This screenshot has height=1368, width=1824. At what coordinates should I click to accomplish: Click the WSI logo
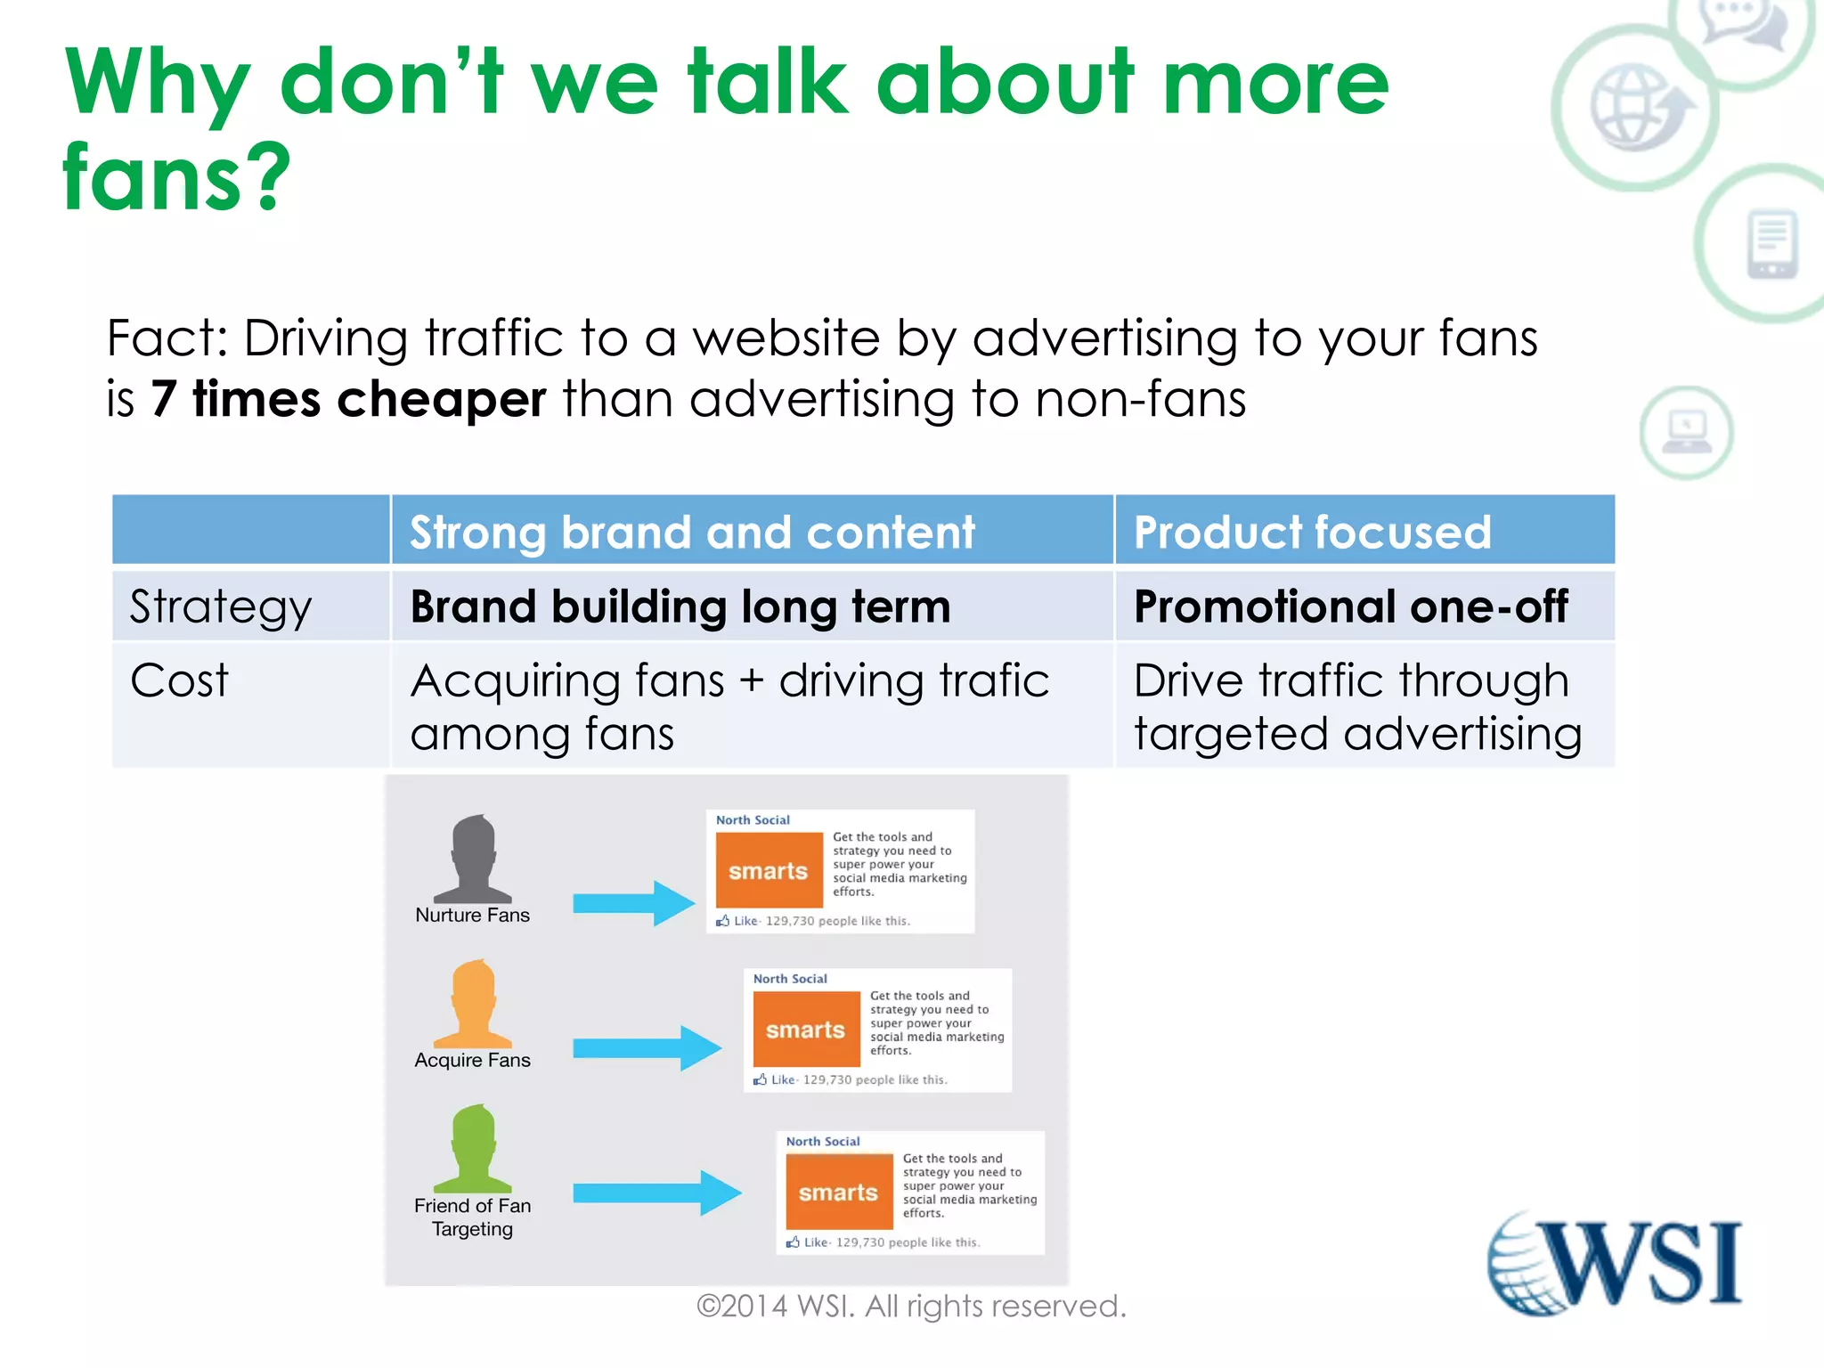pos(1615,1262)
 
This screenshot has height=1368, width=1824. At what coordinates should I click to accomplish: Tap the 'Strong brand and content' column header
pos(692,533)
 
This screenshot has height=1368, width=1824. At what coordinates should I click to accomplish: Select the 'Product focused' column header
pos(1312,533)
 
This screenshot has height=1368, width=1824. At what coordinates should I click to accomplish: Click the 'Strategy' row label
pos(221,607)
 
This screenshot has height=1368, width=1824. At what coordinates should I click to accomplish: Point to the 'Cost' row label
pos(179,681)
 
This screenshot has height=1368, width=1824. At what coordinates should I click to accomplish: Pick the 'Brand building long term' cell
pos(680,607)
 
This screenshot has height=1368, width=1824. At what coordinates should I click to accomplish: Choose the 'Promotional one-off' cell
pos(1350,607)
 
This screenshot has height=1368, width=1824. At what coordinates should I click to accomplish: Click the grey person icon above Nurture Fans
pos(473,859)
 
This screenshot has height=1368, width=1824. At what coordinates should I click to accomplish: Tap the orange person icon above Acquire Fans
pos(473,1004)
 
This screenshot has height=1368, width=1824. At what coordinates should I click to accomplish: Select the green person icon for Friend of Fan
pos(473,1149)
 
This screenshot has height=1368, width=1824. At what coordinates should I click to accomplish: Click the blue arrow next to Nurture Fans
pos(633,903)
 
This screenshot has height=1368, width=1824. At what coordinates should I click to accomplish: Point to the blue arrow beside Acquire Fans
pos(647,1047)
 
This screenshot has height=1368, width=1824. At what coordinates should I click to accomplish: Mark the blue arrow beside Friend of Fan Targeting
pos(656,1193)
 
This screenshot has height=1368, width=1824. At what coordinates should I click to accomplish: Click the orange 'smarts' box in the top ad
pos(769,870)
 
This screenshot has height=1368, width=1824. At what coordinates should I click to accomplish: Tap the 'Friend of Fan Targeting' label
pos(472,1217)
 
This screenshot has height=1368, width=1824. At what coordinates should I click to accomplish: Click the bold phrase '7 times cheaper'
pos(348,398)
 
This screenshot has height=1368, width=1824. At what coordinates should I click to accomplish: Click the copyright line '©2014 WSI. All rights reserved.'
pos(911,1307)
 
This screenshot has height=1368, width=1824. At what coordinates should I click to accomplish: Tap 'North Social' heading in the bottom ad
pos(823,1141)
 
